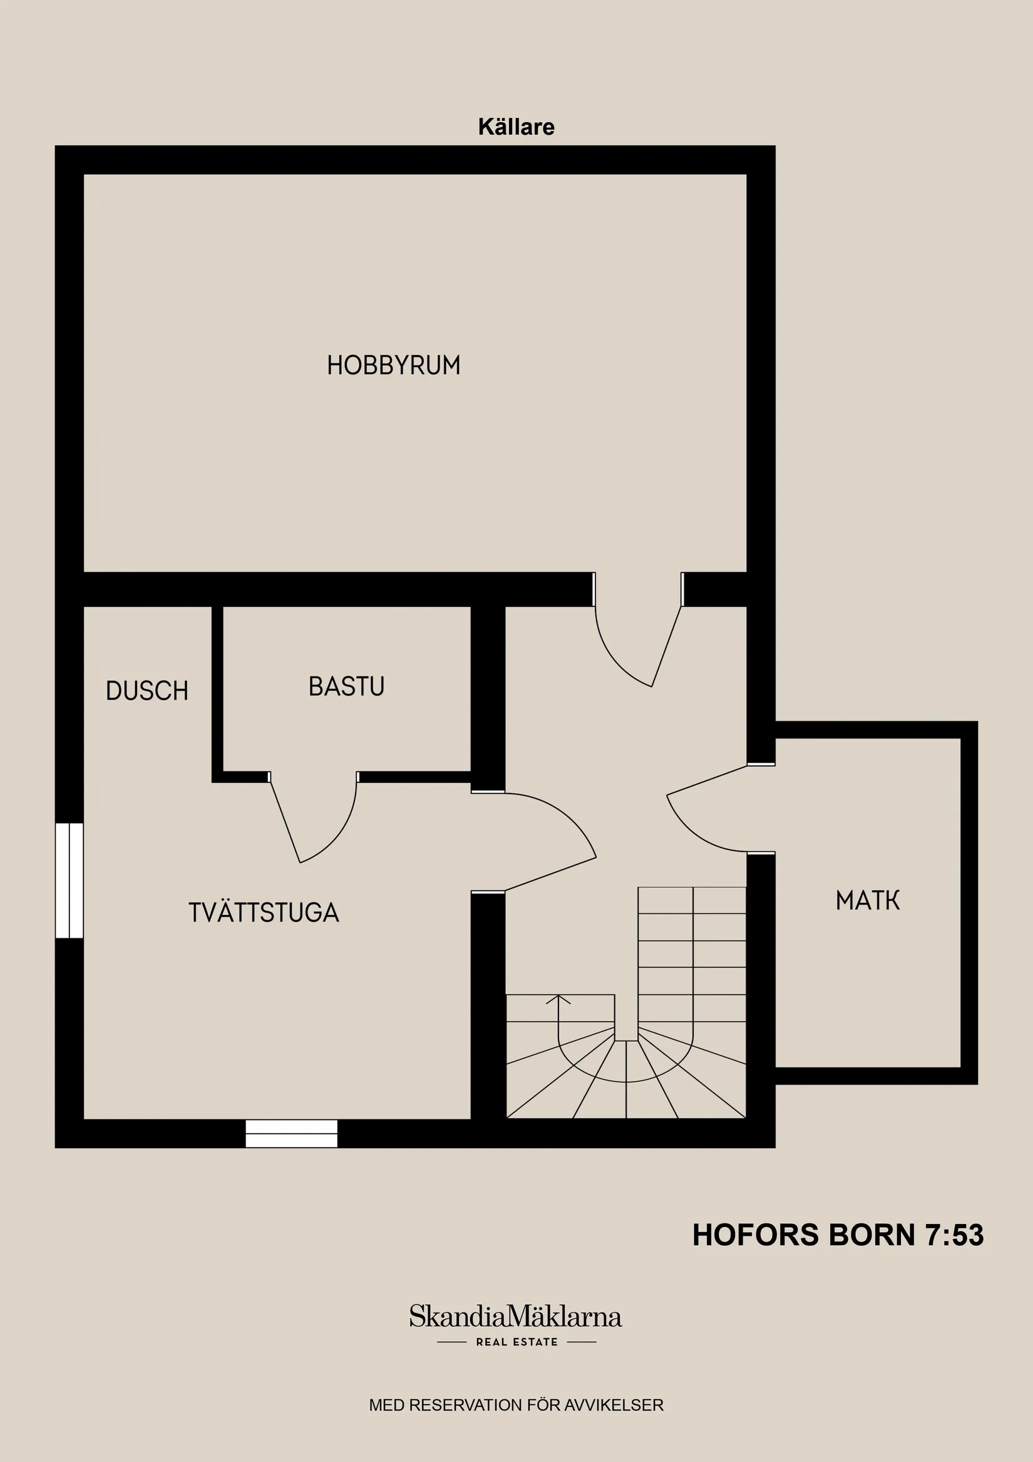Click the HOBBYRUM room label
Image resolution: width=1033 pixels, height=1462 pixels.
(x=393, y=366)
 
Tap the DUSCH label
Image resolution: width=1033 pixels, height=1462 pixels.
(x=147, y=691)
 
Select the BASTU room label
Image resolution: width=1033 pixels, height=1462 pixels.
(x=346, y=687)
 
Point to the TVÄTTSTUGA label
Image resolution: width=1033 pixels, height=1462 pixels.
(x=264, y=913)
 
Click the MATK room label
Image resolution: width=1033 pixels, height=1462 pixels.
(x=868, y=900)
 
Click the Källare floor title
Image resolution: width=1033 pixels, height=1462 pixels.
(x=516, y=127)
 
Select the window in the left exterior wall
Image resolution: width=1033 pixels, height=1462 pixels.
(x=69, y=881)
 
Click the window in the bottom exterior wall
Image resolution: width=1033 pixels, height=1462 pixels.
(x=292, y=1133)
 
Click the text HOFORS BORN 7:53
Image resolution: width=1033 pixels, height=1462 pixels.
(x=838, y=1235)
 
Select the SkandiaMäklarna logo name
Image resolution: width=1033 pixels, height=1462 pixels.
(x=515, y=1317)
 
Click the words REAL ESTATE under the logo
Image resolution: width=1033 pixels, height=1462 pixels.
(x=517, y=1342)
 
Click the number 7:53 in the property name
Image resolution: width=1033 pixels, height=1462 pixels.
(x=955, y=1235)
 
